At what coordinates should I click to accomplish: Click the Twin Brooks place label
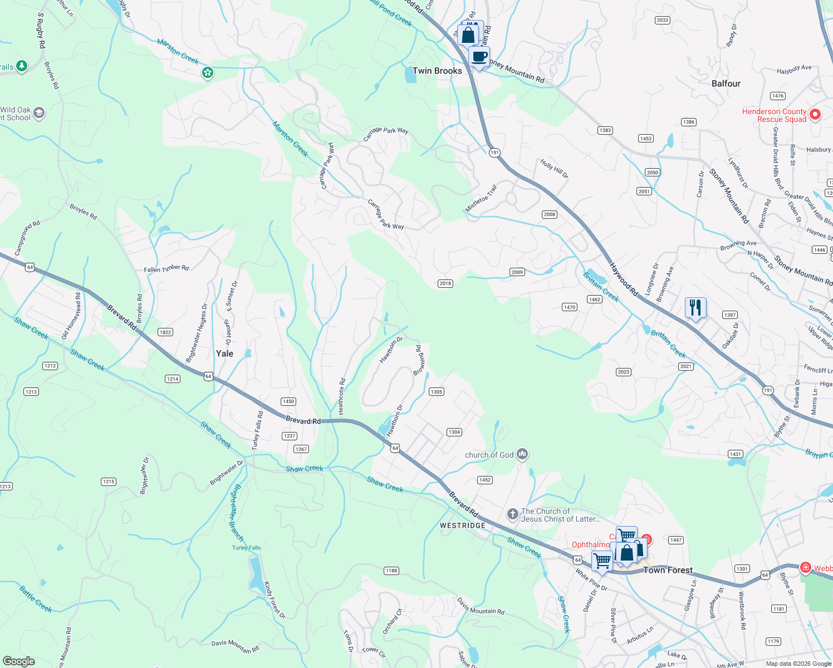tap(437, 71)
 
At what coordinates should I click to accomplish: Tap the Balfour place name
tap(726, 83)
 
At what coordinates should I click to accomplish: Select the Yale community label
tap(224, 353)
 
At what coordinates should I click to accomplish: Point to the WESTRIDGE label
tap(462, 525)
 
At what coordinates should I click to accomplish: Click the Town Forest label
tap(668, 570)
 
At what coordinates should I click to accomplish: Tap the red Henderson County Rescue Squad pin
tap(815, 115)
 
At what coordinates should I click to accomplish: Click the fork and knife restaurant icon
tap(695, 307)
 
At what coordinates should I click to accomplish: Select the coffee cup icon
tap(479, 56)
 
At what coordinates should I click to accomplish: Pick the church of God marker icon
tap(522, 455)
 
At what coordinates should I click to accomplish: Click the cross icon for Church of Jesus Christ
tap(512, 514)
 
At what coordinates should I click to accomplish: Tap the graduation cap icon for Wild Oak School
tap(38, 114)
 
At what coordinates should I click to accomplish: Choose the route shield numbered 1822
tap(165, 332)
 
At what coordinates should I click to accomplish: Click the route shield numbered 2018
tap(445, 283)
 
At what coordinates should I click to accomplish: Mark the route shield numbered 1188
tap(391, 571)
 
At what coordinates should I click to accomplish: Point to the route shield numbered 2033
tap(662, 20)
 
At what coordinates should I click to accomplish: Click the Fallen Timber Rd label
tap(166, 269)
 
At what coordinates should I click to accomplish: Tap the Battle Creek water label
tap(36, 599)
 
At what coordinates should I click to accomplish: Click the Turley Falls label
tap(246, 548)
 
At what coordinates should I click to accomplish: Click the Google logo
tap(19, 661)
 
